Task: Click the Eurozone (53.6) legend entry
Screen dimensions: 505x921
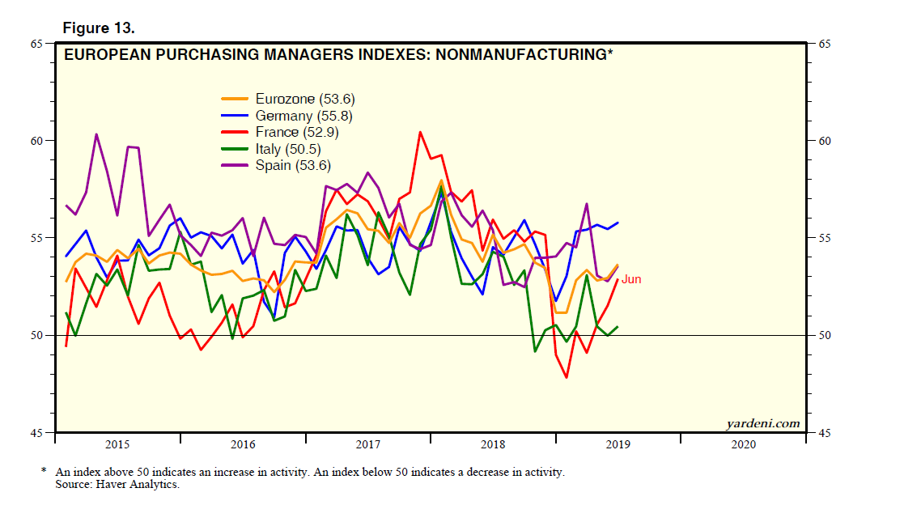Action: pyautogui.click(x=305, y=100)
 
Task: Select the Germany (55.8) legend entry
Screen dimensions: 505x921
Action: pyautogui.click(x=303, y=116)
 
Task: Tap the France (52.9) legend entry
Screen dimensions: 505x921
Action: pyautogui.click(x=296, y=132)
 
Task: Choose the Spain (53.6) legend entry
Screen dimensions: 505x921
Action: pyautogui.click(x=293, y=165)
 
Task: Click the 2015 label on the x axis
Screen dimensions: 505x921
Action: pyautogui.click(x=117, y=444)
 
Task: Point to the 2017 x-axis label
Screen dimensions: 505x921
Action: pyautogui.click(x=367, y=444)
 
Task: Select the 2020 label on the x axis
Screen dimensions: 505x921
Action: pyautogui.click(x=743, y=444)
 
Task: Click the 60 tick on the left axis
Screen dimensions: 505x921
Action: pyautogui.click(x=36, y=141)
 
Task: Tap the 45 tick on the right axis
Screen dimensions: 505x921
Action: pyautogui.click(x=825, y=434)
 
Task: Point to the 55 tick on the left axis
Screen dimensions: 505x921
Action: pyautogui.click(x=36, y=238)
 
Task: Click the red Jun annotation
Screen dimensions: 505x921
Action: pyautogui.click(x=631, y=279)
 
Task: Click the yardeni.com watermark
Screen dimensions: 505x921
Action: pyautogui.click(x=762, y=423)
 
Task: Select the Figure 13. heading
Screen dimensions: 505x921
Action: pyautogui.click(x=99, y=28)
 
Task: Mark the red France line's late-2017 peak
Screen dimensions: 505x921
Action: pyautogui.click(x=420, y=132)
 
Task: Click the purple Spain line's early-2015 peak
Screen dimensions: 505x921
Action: pyautogui.click(x=96, y=134)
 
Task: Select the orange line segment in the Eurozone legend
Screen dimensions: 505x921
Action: pyautogui.click(x=236, y=100)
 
